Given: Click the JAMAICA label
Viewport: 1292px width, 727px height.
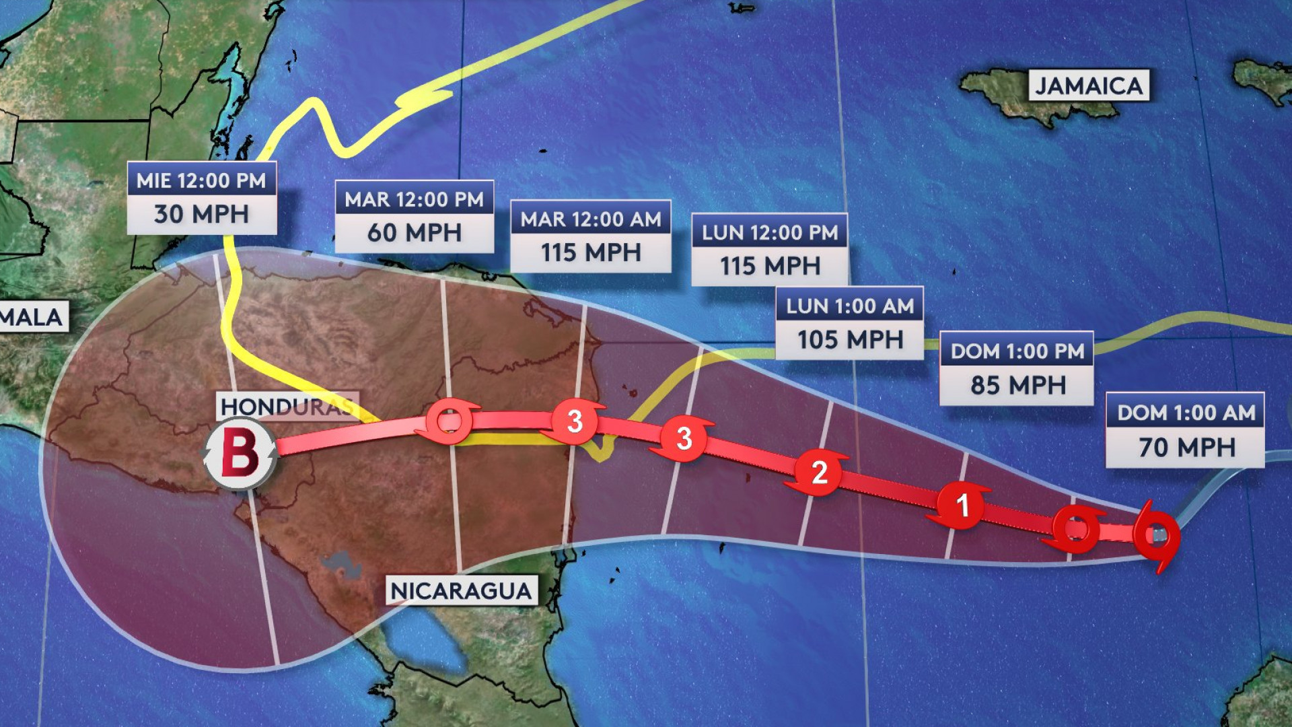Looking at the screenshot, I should point(1088,86).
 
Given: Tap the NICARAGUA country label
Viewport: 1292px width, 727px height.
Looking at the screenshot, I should point(461,591).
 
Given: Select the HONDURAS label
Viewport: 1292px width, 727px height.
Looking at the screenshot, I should point(287,407).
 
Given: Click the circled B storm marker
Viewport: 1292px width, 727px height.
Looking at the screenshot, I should point(240,452).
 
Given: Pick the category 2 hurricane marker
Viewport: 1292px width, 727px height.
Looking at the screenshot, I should point(818,473).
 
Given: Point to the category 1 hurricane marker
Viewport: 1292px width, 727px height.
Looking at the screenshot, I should point(962,505).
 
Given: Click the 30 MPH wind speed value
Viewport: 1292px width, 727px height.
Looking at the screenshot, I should point(201,214).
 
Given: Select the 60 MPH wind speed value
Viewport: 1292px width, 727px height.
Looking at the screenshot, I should point(414,233).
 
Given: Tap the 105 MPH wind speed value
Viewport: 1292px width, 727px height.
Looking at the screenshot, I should point(849,339).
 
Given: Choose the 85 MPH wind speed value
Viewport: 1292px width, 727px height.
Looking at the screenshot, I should point(1017,385).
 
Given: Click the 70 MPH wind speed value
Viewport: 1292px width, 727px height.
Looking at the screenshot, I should point(1186,447).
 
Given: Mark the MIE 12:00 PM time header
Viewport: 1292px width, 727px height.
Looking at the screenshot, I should point(201,180).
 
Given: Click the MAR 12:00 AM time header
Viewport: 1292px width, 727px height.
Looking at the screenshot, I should point(590,219).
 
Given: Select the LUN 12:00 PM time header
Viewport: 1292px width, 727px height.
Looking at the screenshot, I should point(770,232).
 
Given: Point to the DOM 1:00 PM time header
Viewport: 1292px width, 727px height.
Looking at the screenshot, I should point(1017,351).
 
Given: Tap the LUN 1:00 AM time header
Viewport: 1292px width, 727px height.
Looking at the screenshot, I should point(849,306).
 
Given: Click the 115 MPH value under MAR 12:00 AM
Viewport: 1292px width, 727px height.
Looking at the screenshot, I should point(590,253).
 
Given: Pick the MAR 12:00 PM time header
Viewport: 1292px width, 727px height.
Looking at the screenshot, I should point(414,199).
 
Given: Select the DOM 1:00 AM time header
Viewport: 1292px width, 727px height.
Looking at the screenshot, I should point(1186,412).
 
